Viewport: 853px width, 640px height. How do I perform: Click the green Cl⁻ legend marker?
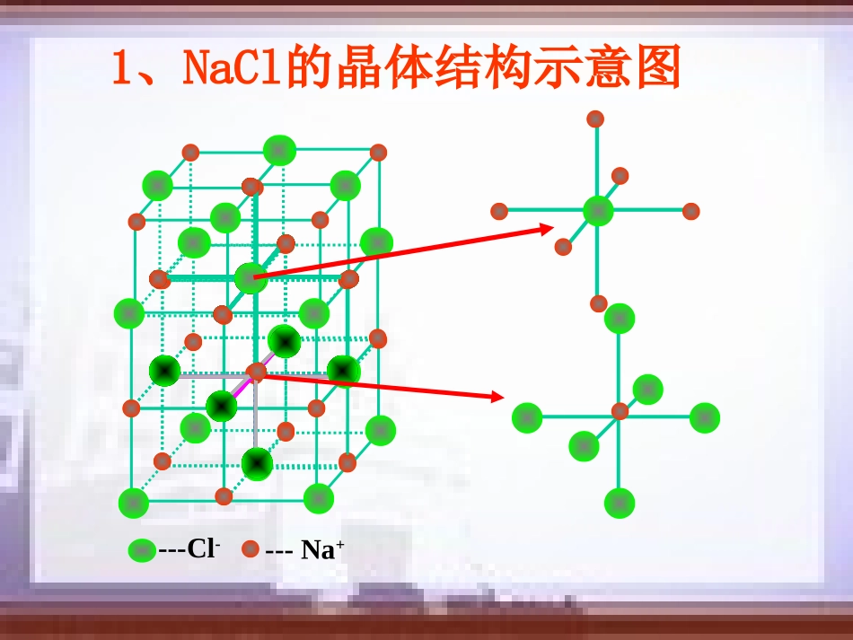pyautogui.click(x=142, y=550)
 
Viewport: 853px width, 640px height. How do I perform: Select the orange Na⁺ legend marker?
pyautogui.click(x=251, y=549)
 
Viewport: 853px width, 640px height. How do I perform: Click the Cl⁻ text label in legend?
pyautogui.click(x=199, y=549)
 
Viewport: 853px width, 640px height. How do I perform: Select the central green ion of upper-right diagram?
pyautogui.click(x=598, y=211)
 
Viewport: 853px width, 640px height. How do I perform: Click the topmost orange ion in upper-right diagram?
pyautogui.click(x=595, y=118)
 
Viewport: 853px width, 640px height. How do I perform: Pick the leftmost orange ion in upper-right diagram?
pyautogui.click(x=499, y=212)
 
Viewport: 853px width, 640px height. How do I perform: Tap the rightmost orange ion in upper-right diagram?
pyautogui.click(x=690, y=212)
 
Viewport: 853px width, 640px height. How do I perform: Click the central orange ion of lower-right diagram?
pyautogui.click(x=620, y=411)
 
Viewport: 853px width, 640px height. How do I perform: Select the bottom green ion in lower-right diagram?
pyautogui.click(x=620, y=504)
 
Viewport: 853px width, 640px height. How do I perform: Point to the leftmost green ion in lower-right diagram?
pyautogui.click(x=527, y=417)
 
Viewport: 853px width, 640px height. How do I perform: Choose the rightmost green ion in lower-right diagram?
pyautogui.click(x=705, y=416)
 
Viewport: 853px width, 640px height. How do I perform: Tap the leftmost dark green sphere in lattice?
pyautogui.click(x=165, y=370)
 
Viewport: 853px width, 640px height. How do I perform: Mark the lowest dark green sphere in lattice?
pyautogui.click(x=258, y=463)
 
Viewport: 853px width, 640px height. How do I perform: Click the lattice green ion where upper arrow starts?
pyautogui.click(x=251, y=278)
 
